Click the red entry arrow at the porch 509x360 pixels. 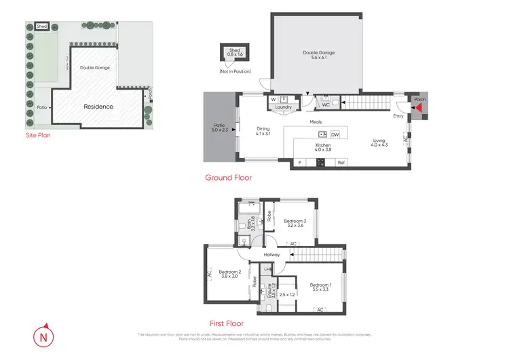pos(419,107)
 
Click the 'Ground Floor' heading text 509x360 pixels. pos(228,178)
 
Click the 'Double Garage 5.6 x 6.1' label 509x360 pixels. pos(318,56)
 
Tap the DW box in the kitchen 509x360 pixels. pos(335,134)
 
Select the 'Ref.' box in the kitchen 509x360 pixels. pos(341,163)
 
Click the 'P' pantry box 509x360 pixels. pos(299,163)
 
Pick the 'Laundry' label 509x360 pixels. pos(283,107)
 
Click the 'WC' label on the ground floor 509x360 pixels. pos(326,105)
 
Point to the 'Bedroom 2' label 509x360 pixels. pos(230,273)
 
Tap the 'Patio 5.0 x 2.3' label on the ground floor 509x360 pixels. pos(219,128)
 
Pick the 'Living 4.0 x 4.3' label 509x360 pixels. pos(378,144)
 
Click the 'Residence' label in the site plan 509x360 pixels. pos(98,107)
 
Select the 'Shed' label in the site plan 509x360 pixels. pos(42,26)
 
